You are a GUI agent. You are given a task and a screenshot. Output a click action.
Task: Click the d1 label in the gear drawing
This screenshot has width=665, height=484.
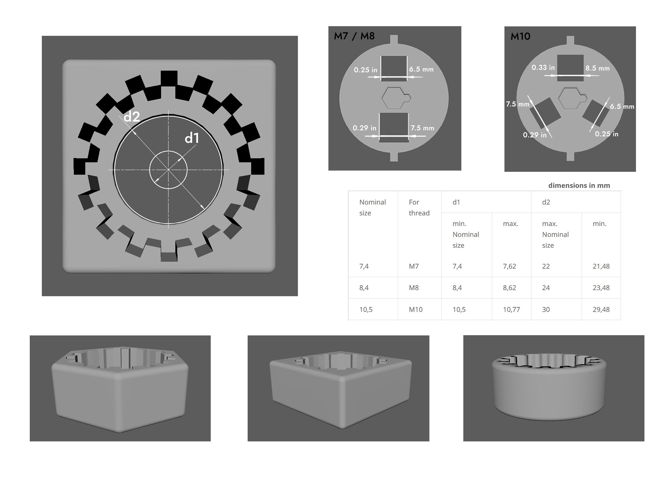192,138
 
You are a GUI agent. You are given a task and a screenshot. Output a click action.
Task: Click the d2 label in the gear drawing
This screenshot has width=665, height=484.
132,117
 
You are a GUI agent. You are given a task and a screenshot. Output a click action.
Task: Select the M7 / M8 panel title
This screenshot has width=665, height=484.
354,36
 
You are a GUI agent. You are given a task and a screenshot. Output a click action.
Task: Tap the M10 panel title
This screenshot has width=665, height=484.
520,36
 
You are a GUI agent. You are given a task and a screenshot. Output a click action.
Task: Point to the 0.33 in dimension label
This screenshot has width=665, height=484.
543,68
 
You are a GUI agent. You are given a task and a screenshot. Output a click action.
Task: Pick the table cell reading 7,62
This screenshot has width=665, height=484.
509,266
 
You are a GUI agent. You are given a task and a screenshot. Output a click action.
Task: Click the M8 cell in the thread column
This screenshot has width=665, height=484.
414,288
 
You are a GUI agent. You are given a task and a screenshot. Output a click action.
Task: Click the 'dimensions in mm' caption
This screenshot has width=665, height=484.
579,186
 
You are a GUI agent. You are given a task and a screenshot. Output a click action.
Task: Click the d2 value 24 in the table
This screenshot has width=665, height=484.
546,288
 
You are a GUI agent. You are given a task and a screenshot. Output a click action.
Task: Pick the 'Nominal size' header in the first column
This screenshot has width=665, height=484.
372,207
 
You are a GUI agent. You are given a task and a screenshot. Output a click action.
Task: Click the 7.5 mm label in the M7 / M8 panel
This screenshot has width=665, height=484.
422,128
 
